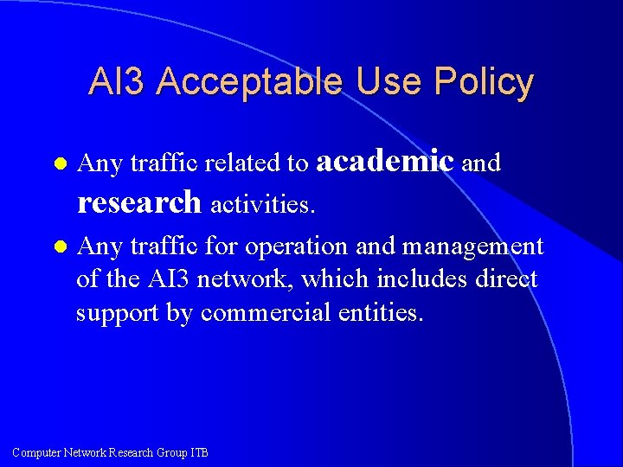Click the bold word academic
386,161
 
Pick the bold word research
139,202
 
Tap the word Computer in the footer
37,452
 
